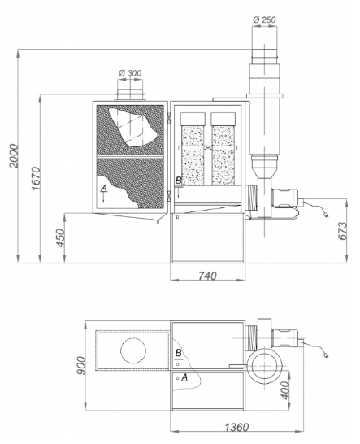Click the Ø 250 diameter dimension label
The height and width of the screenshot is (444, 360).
(264, 20)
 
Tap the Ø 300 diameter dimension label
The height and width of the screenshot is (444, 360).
(130, 73)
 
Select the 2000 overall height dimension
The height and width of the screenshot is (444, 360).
(13, 156)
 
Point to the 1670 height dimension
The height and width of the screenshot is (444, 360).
(36, 178)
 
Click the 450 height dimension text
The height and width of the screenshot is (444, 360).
(60, 237)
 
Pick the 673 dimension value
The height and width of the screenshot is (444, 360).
(343, 231)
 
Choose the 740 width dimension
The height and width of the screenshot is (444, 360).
(207, 276)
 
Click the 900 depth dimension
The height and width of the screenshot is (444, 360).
(81, 365)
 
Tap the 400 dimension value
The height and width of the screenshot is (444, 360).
(286, 390)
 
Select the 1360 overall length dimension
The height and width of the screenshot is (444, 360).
(237, 427)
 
